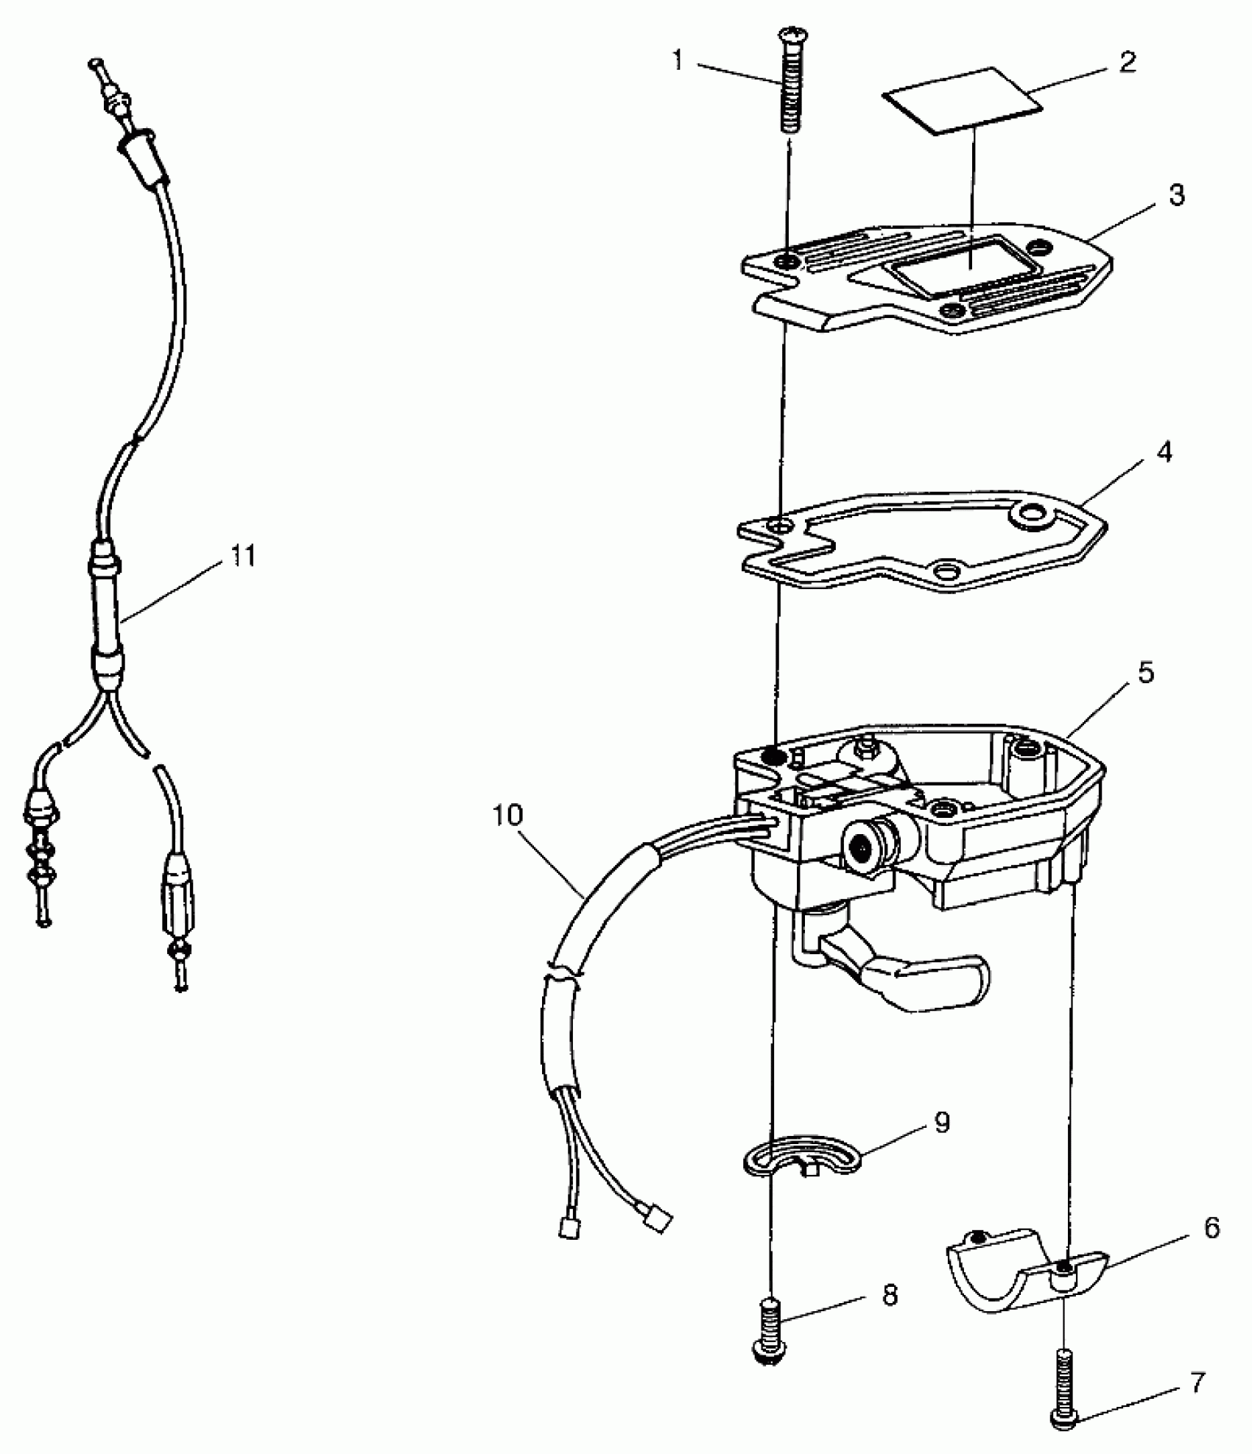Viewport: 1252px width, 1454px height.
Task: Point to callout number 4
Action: pos(1164,452)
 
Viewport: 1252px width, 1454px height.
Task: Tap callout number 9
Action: pos(942,1123)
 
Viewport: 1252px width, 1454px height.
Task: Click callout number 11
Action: pos(242,557)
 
